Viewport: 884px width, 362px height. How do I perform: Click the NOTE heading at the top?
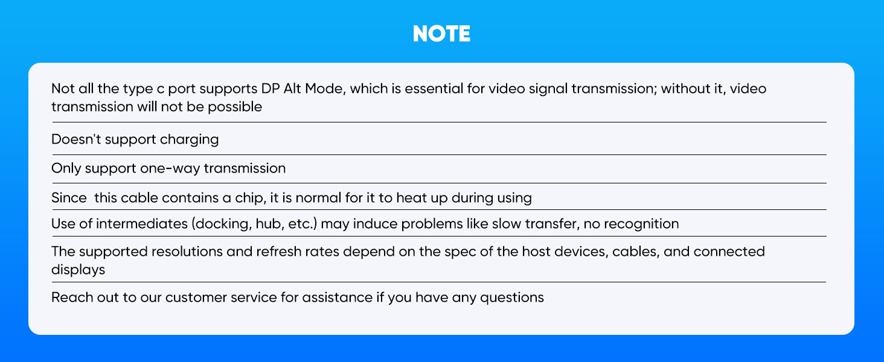pos(441,34)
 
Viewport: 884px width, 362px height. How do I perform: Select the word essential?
pos(433,89)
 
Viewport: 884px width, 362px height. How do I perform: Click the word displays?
pos(78,270)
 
